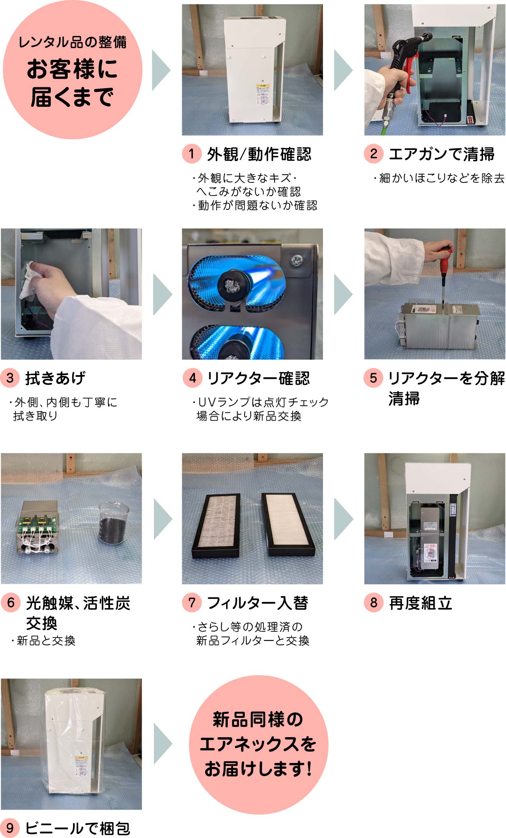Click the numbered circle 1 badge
191,154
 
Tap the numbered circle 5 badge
373,378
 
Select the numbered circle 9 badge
10,827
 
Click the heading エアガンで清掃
441,154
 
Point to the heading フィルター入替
257,603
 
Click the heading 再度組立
420,603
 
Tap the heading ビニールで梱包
78,828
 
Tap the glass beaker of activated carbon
114,524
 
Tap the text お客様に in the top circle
72,69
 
